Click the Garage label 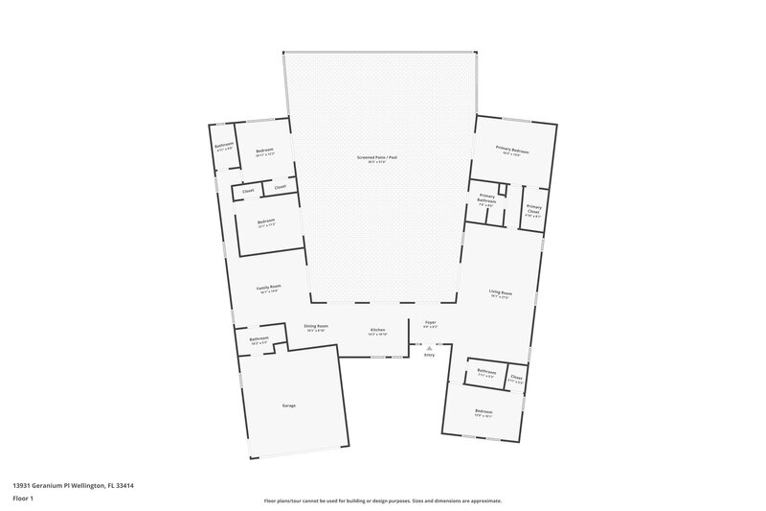tap(288, 406)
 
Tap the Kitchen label tap(378, 331)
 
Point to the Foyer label tap(430, 325)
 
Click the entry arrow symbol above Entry tap(429, 347)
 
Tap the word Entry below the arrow tap(429, 356)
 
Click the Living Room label tap(500, 294)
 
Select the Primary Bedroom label tap(513, 151)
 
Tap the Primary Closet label tap(533, 208)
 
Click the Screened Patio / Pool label tap(383, 158)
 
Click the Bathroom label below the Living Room tap(486, 372)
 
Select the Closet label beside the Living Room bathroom tap(516, 378)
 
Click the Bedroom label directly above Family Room tap(266, 222)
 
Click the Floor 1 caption tap(24, 499)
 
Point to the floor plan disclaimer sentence tap(383, 500)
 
